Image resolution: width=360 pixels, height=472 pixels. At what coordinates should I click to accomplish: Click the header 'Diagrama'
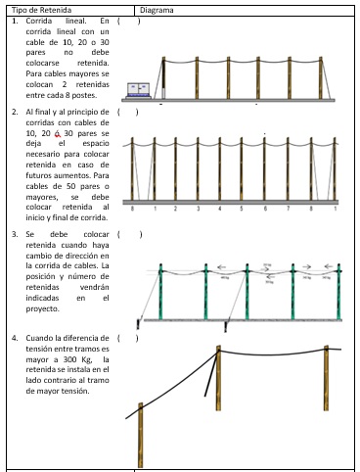point(157,9)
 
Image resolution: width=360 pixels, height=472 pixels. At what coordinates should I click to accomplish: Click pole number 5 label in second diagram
point(243,209)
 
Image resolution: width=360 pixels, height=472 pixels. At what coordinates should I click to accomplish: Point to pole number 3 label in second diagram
point(199,209)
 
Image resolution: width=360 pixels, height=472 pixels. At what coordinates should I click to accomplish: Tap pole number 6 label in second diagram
point(265,209)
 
